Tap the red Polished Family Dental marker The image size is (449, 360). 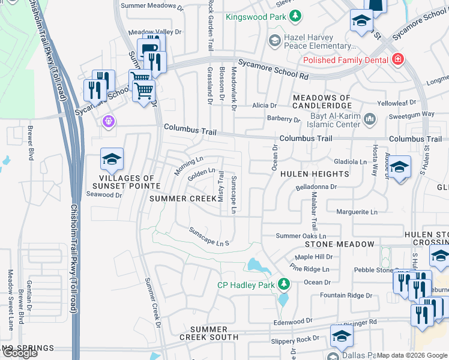coord(397,59)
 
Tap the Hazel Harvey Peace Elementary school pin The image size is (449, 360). coord(274,41)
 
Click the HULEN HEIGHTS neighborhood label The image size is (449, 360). coord(315,174)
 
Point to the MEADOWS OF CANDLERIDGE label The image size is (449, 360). coord(321,102)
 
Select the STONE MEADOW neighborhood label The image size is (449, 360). coord(340,245)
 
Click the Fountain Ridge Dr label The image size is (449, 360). coord(346,295)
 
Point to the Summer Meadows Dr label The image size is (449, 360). coord(151,6)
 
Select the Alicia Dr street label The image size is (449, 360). coord(264,105)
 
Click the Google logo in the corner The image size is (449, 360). coord(19,353)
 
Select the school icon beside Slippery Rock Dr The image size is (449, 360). coord(342,337)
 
